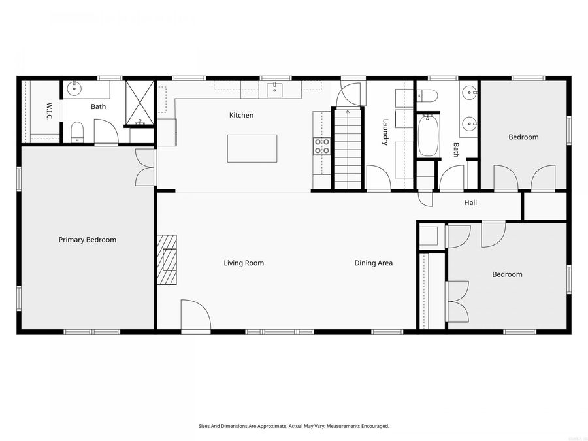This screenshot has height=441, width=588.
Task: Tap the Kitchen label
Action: point(241,116)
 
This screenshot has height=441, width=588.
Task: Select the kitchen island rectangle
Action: point(252,148)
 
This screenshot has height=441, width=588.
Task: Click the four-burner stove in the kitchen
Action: point(321,146)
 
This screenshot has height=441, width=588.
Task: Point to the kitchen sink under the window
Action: point(275,89)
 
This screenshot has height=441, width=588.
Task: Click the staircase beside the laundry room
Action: point(348,149)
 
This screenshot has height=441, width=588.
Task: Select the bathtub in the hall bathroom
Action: point(428,135)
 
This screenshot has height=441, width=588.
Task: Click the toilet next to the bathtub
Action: point(428,95)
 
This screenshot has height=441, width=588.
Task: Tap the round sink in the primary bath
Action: point(74,88)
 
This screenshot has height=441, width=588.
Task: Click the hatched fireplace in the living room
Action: point(167,259)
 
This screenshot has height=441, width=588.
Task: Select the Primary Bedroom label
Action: point(88,240)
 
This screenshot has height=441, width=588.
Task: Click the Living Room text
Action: point(244,263)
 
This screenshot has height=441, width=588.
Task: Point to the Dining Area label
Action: point(374,263)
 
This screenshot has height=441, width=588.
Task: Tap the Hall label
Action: point(470,203)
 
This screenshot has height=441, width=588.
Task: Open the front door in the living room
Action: point(195,315)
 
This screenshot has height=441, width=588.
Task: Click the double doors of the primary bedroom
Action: point(144,167)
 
